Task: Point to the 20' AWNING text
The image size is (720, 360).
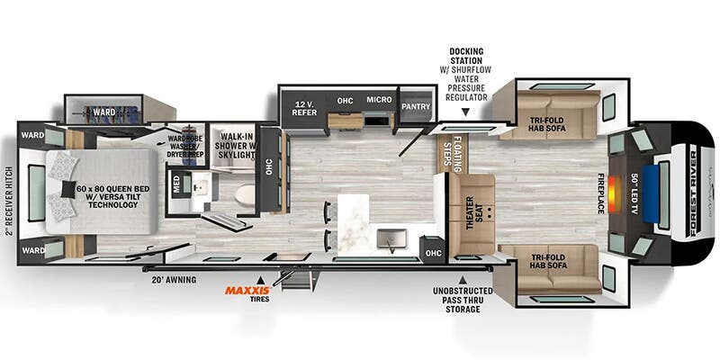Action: [x=173, y=279]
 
